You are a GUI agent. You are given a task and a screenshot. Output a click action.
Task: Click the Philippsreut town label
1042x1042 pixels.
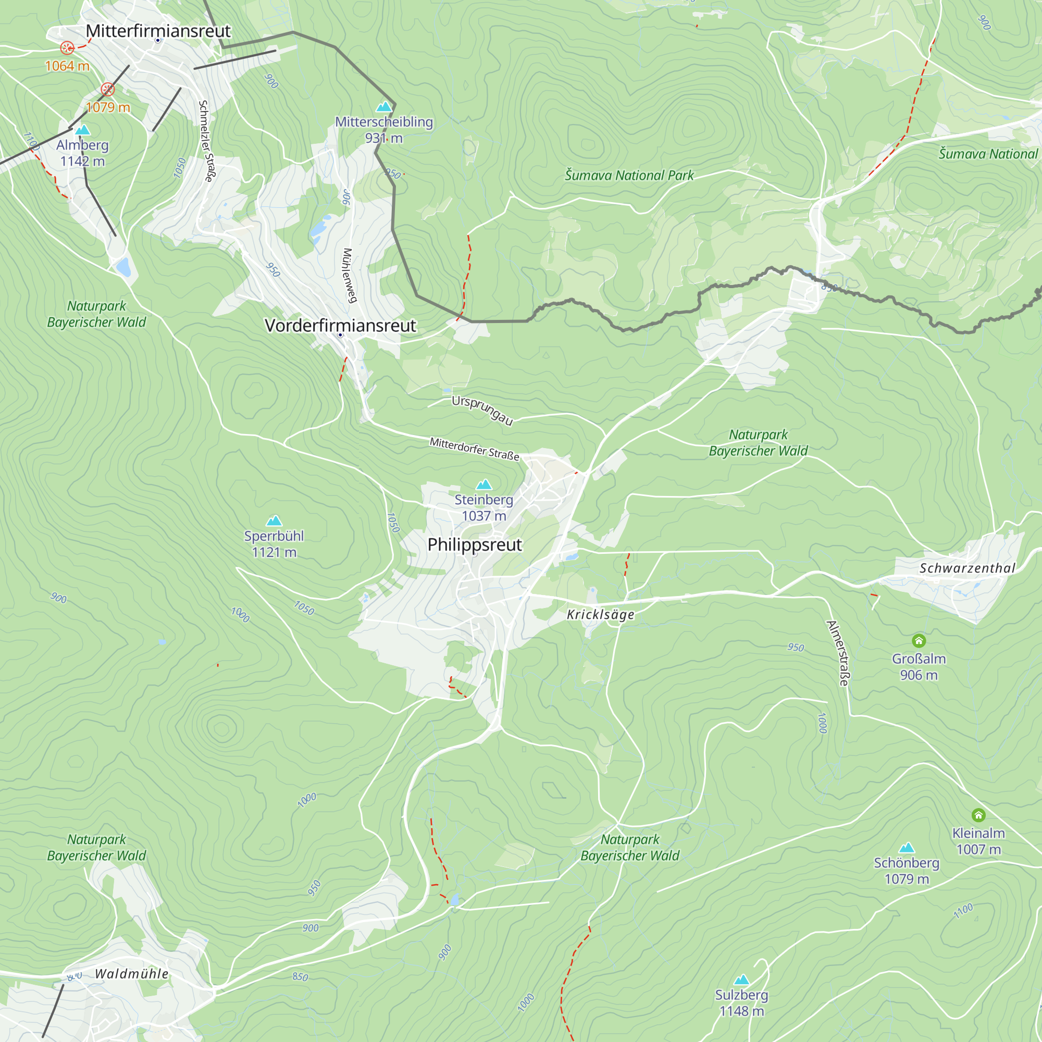[474, 545]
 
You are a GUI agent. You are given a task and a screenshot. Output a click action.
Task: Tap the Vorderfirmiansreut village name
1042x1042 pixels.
[340, 326]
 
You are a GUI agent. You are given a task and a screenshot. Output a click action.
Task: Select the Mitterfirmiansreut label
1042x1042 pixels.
[158, 31]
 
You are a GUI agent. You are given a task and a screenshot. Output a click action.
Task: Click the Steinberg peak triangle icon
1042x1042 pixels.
[484, 485]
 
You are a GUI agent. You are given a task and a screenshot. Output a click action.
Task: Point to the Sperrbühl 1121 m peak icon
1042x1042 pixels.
[274, 520]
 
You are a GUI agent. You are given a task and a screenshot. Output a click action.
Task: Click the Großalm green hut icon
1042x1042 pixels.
[919, 641]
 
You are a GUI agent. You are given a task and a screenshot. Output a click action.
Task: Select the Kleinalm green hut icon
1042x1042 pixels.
[978, 815]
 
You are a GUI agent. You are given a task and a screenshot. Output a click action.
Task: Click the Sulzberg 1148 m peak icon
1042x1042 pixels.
[741, 979]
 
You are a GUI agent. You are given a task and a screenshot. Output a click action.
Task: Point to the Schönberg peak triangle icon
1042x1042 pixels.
[907, 847]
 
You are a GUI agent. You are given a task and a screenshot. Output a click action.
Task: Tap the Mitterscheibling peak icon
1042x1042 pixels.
[384, 106]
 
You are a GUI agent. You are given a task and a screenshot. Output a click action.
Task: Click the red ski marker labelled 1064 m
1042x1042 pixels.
[67, 48]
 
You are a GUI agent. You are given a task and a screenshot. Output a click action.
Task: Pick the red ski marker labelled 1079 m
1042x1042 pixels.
[108, 89]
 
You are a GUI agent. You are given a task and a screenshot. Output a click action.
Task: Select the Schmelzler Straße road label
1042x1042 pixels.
[206, 141]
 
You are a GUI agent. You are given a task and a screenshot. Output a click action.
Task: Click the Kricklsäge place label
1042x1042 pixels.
[600, 615]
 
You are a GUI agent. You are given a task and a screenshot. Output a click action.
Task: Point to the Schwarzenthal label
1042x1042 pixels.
[967, 568]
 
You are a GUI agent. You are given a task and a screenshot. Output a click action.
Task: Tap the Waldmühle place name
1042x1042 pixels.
[132, 974]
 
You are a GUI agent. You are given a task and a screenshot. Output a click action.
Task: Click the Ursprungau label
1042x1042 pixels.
[481, 410]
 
